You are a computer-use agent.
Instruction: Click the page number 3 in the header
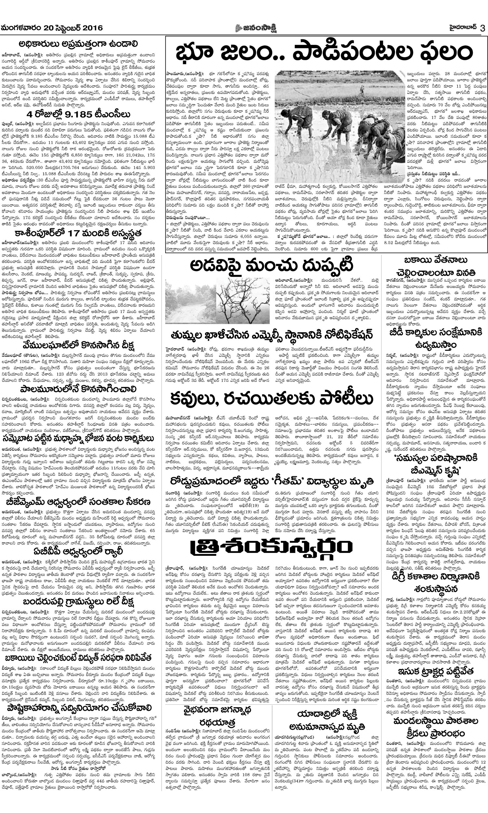point(482,28)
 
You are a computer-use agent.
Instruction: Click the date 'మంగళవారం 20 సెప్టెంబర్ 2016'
point(52,28)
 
